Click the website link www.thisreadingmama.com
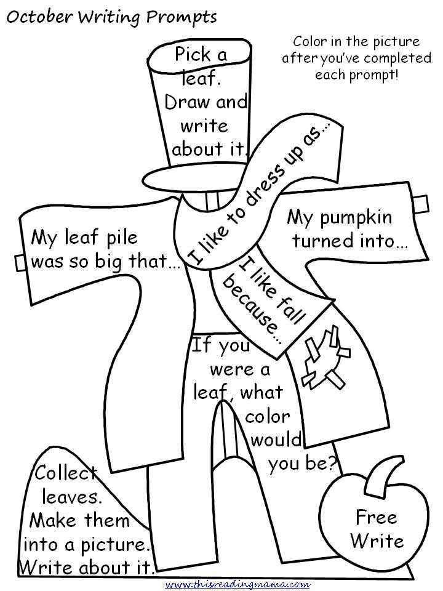[x=237, y=583]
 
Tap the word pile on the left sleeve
[x=114, y=237]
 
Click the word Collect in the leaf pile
[x=65, y=473]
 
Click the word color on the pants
[x=268, y=417]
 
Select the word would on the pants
[x=276, y=441]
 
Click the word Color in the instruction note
[x=311, y=42]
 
